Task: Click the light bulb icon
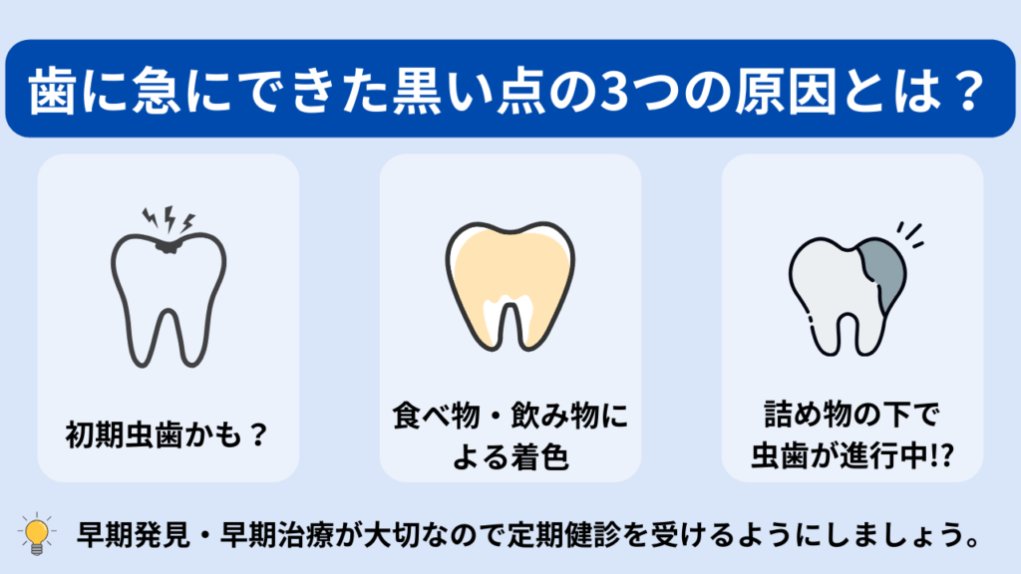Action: click(37, 534)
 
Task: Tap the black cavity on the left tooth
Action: click(168, 246)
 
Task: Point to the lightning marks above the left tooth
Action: click(169, 219)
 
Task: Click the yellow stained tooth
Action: click(510, 286)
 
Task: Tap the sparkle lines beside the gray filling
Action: click(910, 235)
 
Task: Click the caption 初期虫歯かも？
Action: click(167, 434)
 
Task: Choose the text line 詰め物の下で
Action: click(851, 414)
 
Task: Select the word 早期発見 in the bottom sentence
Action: click(134, 534)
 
